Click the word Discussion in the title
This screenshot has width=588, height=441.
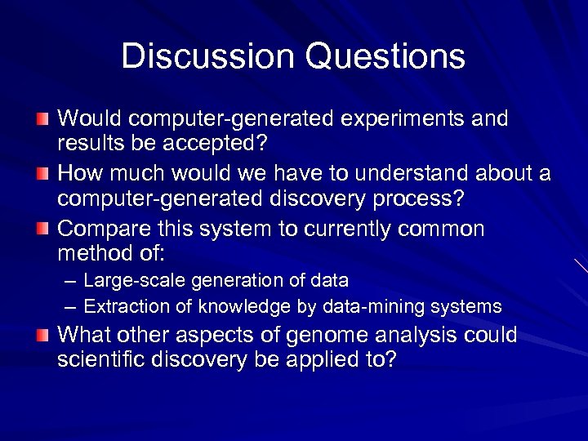click(208, 57)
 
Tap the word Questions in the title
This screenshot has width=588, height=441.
click(385, 57)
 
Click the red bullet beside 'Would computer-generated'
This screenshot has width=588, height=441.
click(42, 119)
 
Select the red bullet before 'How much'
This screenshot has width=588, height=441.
click(42, 174)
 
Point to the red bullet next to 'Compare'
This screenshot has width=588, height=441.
click(42, 229)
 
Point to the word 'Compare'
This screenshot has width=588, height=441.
click(101, 229)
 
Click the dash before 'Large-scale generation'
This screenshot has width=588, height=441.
click(70, 282)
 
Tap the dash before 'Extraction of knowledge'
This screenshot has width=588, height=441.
click(70, 308)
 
